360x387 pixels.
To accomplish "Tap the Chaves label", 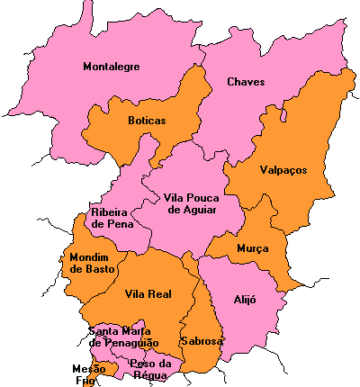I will pos(246,82).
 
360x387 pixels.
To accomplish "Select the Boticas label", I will pos(147,120).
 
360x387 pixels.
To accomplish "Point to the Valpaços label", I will pos(283,169).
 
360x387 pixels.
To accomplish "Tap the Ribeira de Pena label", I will pos(113,217).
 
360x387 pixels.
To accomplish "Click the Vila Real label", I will pos(147,294).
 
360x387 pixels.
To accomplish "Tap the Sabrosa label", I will pos(202,341).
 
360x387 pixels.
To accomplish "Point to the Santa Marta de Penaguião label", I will pos(123,337).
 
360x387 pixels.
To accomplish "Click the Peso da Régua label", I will pos(151,369).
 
